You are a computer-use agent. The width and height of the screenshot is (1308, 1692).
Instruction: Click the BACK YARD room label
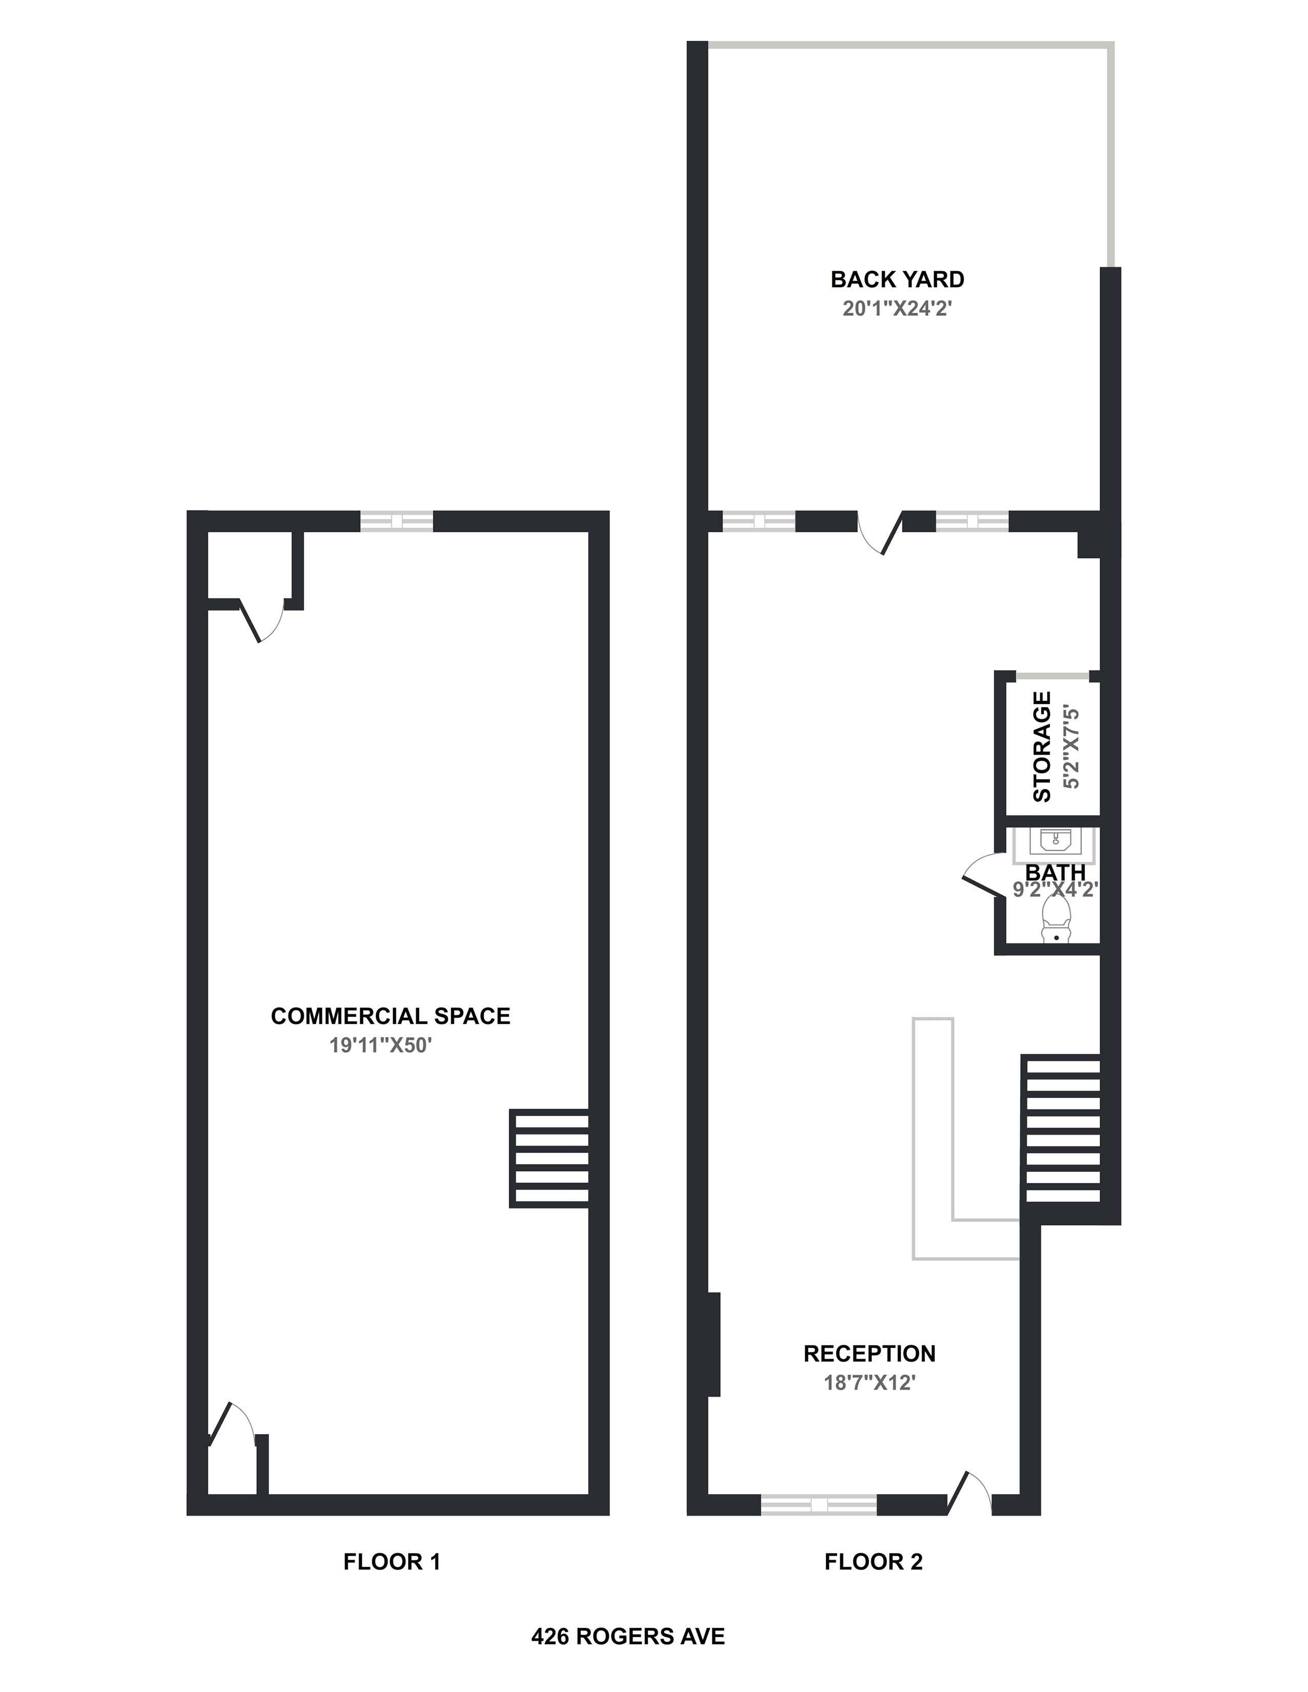pyautogui.click(x=897, y=279)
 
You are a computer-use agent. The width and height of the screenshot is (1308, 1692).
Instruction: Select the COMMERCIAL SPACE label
pyautogui.click(x=390, y=1016)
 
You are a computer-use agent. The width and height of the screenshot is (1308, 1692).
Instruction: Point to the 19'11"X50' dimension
pyautogui.click(x=380, y=1045)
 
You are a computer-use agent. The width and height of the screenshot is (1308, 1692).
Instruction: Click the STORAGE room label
pyautogui.click(x=1043, y=747)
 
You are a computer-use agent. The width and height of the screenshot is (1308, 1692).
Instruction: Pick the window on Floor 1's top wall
pyautogui.click(x=397, y=521)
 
